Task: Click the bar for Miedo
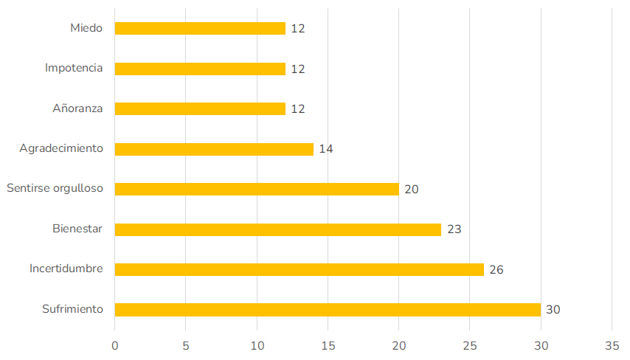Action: pyautogui.click(x=200, y=29)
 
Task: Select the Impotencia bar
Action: pyautogui.click(x=200, y=69)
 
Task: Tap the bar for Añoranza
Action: pyautogui.click(x=200, y=108)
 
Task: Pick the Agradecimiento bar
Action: pyautogui.click(x=214, y=149)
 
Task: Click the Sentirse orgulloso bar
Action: pyautogui.click(x=257, y=189)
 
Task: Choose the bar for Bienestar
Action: pyautogui.click(x=278, y=229)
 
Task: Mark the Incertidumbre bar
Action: pyautogui.click(x=299, y=269)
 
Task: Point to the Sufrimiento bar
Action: pyautogui.click(x=328, y=310)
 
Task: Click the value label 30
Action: pyautogui.click(x=553, y=310)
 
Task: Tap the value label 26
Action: pyautogui.click(x=496, y=269)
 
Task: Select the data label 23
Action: pyautogui.click(x=454, y=229)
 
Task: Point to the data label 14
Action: pyautogui.click(x=326, y=149)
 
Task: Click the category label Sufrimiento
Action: pyautogui.click(x=72, y=309)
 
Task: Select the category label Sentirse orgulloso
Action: pyautogui.click(x=55, y=189)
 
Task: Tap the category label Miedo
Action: pyautogui.click(x=86, y=28)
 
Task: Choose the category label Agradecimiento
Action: pyautogui.click(x=61, y=149)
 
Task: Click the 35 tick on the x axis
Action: pyautogui.click(x=612, y=345)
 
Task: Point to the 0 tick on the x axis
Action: pyautogui.click(x=115, y=345)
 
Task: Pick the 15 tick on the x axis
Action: pyautogui.click(x=328, y=345)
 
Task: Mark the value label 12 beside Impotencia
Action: pyautogui.click(x=298, y=69)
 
